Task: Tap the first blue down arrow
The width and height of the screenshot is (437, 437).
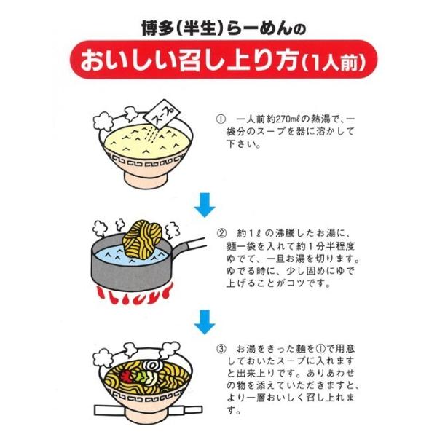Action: pyautogui.click(x=205, y=205)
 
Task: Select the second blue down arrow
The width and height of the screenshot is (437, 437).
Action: pyautogui.click(x=205, y=322)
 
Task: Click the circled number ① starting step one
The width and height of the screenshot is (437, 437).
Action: pyautogui.click(x=221, y=119)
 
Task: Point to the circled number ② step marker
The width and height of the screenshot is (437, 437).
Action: pyautogui.click(x=221, y=233)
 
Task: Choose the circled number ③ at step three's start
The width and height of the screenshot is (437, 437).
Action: pyautogui.click(x=221, y=349)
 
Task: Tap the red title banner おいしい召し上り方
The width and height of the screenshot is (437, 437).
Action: pyautogui.click(x=224, y=60)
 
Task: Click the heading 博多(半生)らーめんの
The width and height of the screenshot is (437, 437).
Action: pyautogui.click(x=224, y=28)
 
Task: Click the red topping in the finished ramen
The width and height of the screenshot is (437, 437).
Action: pyautogui.click(x=126, y=377)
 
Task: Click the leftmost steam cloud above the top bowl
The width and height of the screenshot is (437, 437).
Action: pyautogui.click(x=101, y=121)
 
